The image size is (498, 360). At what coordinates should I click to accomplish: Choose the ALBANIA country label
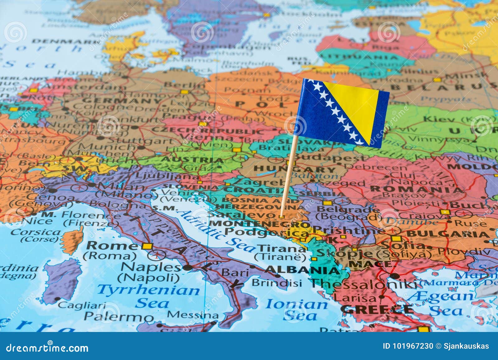[302, 269]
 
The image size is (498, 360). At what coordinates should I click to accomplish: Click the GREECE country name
[377, 309]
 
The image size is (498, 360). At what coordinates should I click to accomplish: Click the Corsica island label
[36, 232]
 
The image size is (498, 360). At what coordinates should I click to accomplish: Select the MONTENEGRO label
[260, 224]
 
